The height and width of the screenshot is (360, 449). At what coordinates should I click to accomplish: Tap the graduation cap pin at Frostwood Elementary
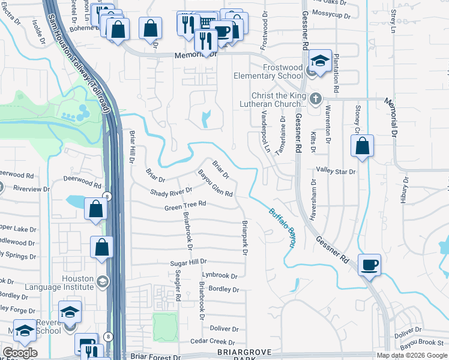pos(321,62)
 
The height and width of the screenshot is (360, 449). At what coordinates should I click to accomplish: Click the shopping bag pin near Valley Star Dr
pos(363,147)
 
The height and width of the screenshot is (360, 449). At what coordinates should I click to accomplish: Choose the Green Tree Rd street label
pos(185,206)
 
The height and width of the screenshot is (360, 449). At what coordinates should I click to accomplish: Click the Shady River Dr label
pos(171,192)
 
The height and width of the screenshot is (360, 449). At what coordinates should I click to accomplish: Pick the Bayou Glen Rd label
pos(215,184)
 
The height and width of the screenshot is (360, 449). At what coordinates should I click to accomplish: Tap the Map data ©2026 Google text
pos(411,355)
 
